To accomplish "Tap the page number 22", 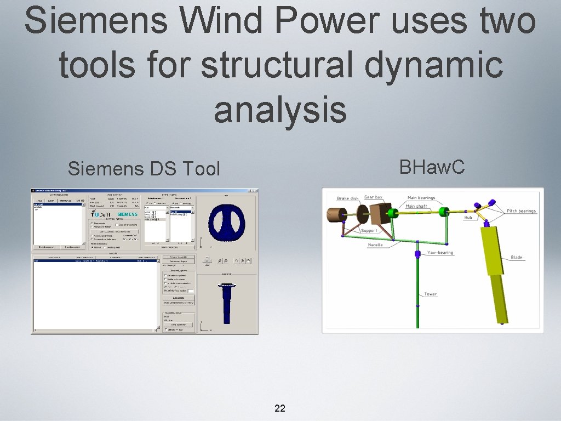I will pos(280,408).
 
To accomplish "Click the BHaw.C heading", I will pos(432,167).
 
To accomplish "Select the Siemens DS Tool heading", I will pos(144,169).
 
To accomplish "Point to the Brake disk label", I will pos(348,198).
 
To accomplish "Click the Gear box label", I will pos(374,197).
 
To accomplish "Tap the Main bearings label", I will pos(421,198).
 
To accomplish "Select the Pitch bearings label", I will pos(521,211).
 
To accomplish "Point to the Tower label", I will pos(431,294).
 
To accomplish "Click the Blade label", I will pos(516,257).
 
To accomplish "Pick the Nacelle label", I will pos(375,245).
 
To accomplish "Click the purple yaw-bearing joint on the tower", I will pos(417,254).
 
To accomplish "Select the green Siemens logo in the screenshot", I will pos(127,214).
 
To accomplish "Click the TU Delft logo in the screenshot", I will pos(101,214).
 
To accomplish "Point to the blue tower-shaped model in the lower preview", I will pos(226,305).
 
